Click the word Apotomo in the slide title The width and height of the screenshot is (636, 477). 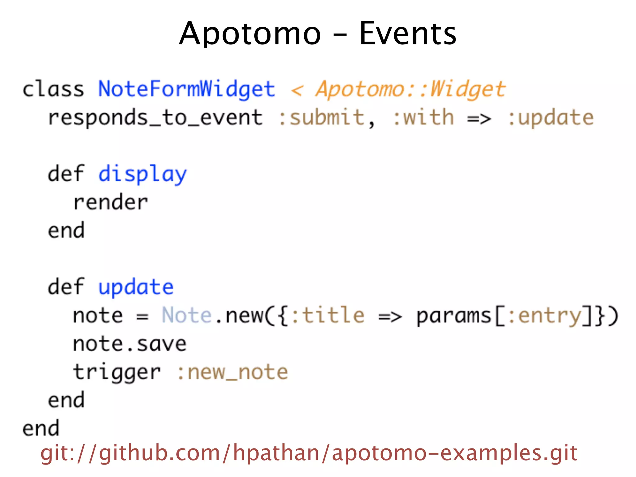click(250, 34)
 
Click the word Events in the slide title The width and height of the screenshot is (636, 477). click(407, 34)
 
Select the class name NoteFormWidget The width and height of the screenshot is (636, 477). click(187, 89)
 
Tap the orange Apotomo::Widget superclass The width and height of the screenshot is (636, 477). click(411, 89)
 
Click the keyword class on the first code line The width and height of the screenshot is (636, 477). click(53, 89)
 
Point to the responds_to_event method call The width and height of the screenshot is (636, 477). click(155, 118)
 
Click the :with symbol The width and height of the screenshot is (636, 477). click(423, 118)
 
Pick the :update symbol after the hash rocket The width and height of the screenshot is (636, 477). click(550, 118)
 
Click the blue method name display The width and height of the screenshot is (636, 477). click(143, 174)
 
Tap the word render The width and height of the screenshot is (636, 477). click(111, 202)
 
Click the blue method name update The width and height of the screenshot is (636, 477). click(136, 287)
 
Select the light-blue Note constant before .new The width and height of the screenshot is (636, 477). click(186, 316)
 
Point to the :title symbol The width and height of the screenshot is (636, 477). click(328, 316)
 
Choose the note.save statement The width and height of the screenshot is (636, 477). click(129, 344)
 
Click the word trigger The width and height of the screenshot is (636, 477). click(117, 372)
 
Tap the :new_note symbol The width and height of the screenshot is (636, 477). click(233, 372)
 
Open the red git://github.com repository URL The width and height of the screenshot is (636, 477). click(309, 453)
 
